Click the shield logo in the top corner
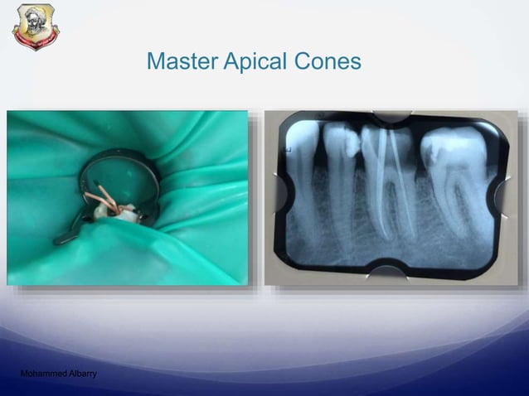(36, 26)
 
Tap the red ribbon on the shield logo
(36, 41)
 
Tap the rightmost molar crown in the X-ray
(452, 153)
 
